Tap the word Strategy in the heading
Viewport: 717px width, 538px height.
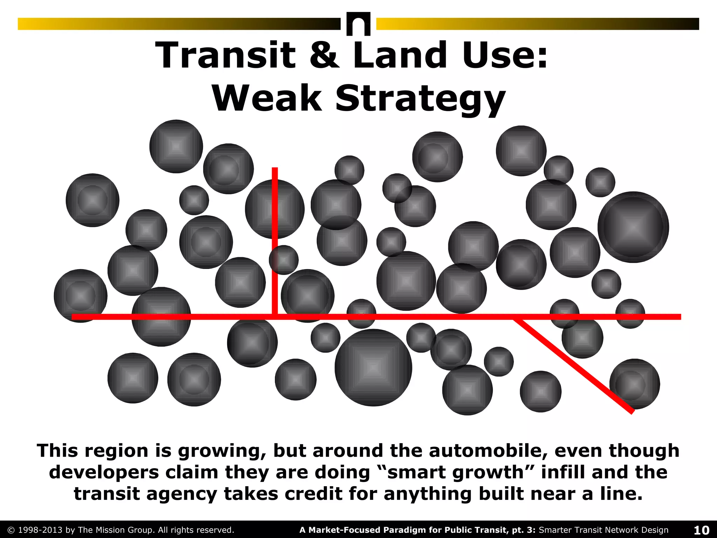420,99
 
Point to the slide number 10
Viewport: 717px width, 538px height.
702,530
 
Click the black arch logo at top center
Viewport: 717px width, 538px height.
358,24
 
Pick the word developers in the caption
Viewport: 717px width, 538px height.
104,472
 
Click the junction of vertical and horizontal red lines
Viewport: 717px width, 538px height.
275,317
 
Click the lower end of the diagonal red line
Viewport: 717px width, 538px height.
632,412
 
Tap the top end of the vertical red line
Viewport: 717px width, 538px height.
275,169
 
